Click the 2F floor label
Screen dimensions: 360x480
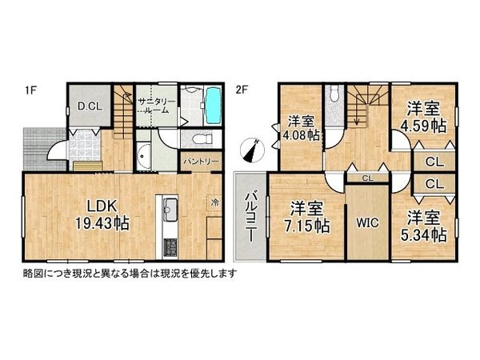[239, 89]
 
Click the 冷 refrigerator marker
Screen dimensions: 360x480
[214, 199]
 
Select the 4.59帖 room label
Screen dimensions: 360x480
[424, 117]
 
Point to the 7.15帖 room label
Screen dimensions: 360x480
[308, 217]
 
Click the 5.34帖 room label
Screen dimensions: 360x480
[424, 224]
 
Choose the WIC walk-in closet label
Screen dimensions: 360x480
[367, 222]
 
